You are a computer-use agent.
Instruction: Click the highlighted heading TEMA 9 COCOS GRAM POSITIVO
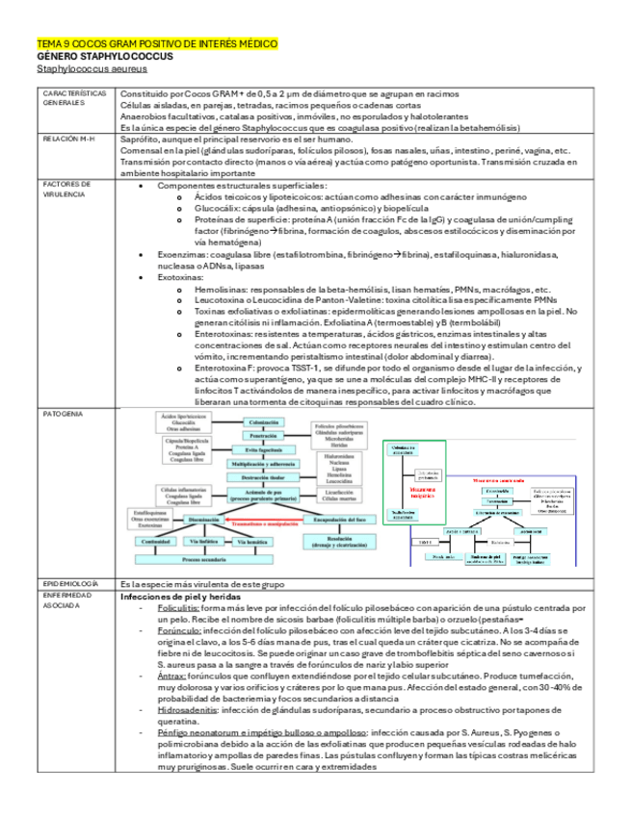pos(157,43)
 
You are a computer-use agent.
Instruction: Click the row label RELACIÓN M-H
pos(70,139)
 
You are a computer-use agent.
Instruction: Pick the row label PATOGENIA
pos(63,413)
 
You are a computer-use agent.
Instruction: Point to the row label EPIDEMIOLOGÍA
pos(71,583)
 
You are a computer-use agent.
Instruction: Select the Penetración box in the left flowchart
pos(263,436)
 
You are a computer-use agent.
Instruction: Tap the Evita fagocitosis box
pos(263,450)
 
